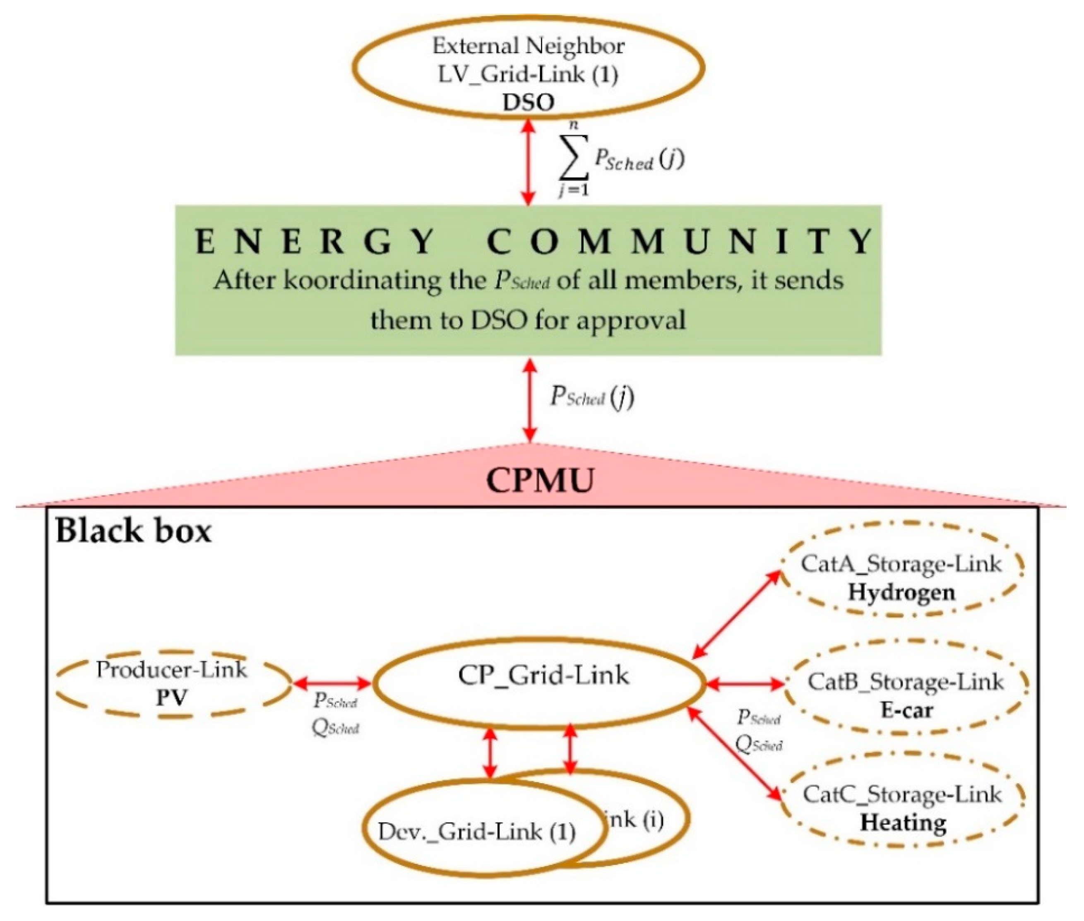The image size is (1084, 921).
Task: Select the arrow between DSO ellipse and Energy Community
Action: pyautogui.click(x=529, y=162)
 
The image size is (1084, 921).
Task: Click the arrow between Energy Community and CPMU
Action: pyautogui.click(x=529, y=400)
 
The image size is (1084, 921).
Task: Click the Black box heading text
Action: pyautogui.click(x=134, y=531)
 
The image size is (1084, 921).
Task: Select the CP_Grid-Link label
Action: pyautogui.click(x=543, y=675)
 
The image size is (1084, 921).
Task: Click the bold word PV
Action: pyautogui.click(x=171, y=697)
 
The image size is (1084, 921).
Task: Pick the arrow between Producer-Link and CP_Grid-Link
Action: pyautogui.click(x=332, y=683)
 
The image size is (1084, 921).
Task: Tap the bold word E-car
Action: pyautogui.click(x=906, y=710)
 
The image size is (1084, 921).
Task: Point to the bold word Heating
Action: pyautogui.click(x=903, y=822)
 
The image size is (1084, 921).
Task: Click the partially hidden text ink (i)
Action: pyautogui.click(x=635, y=820)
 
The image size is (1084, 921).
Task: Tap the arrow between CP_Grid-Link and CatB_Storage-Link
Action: pyautogui.click(x=745, y=683)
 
